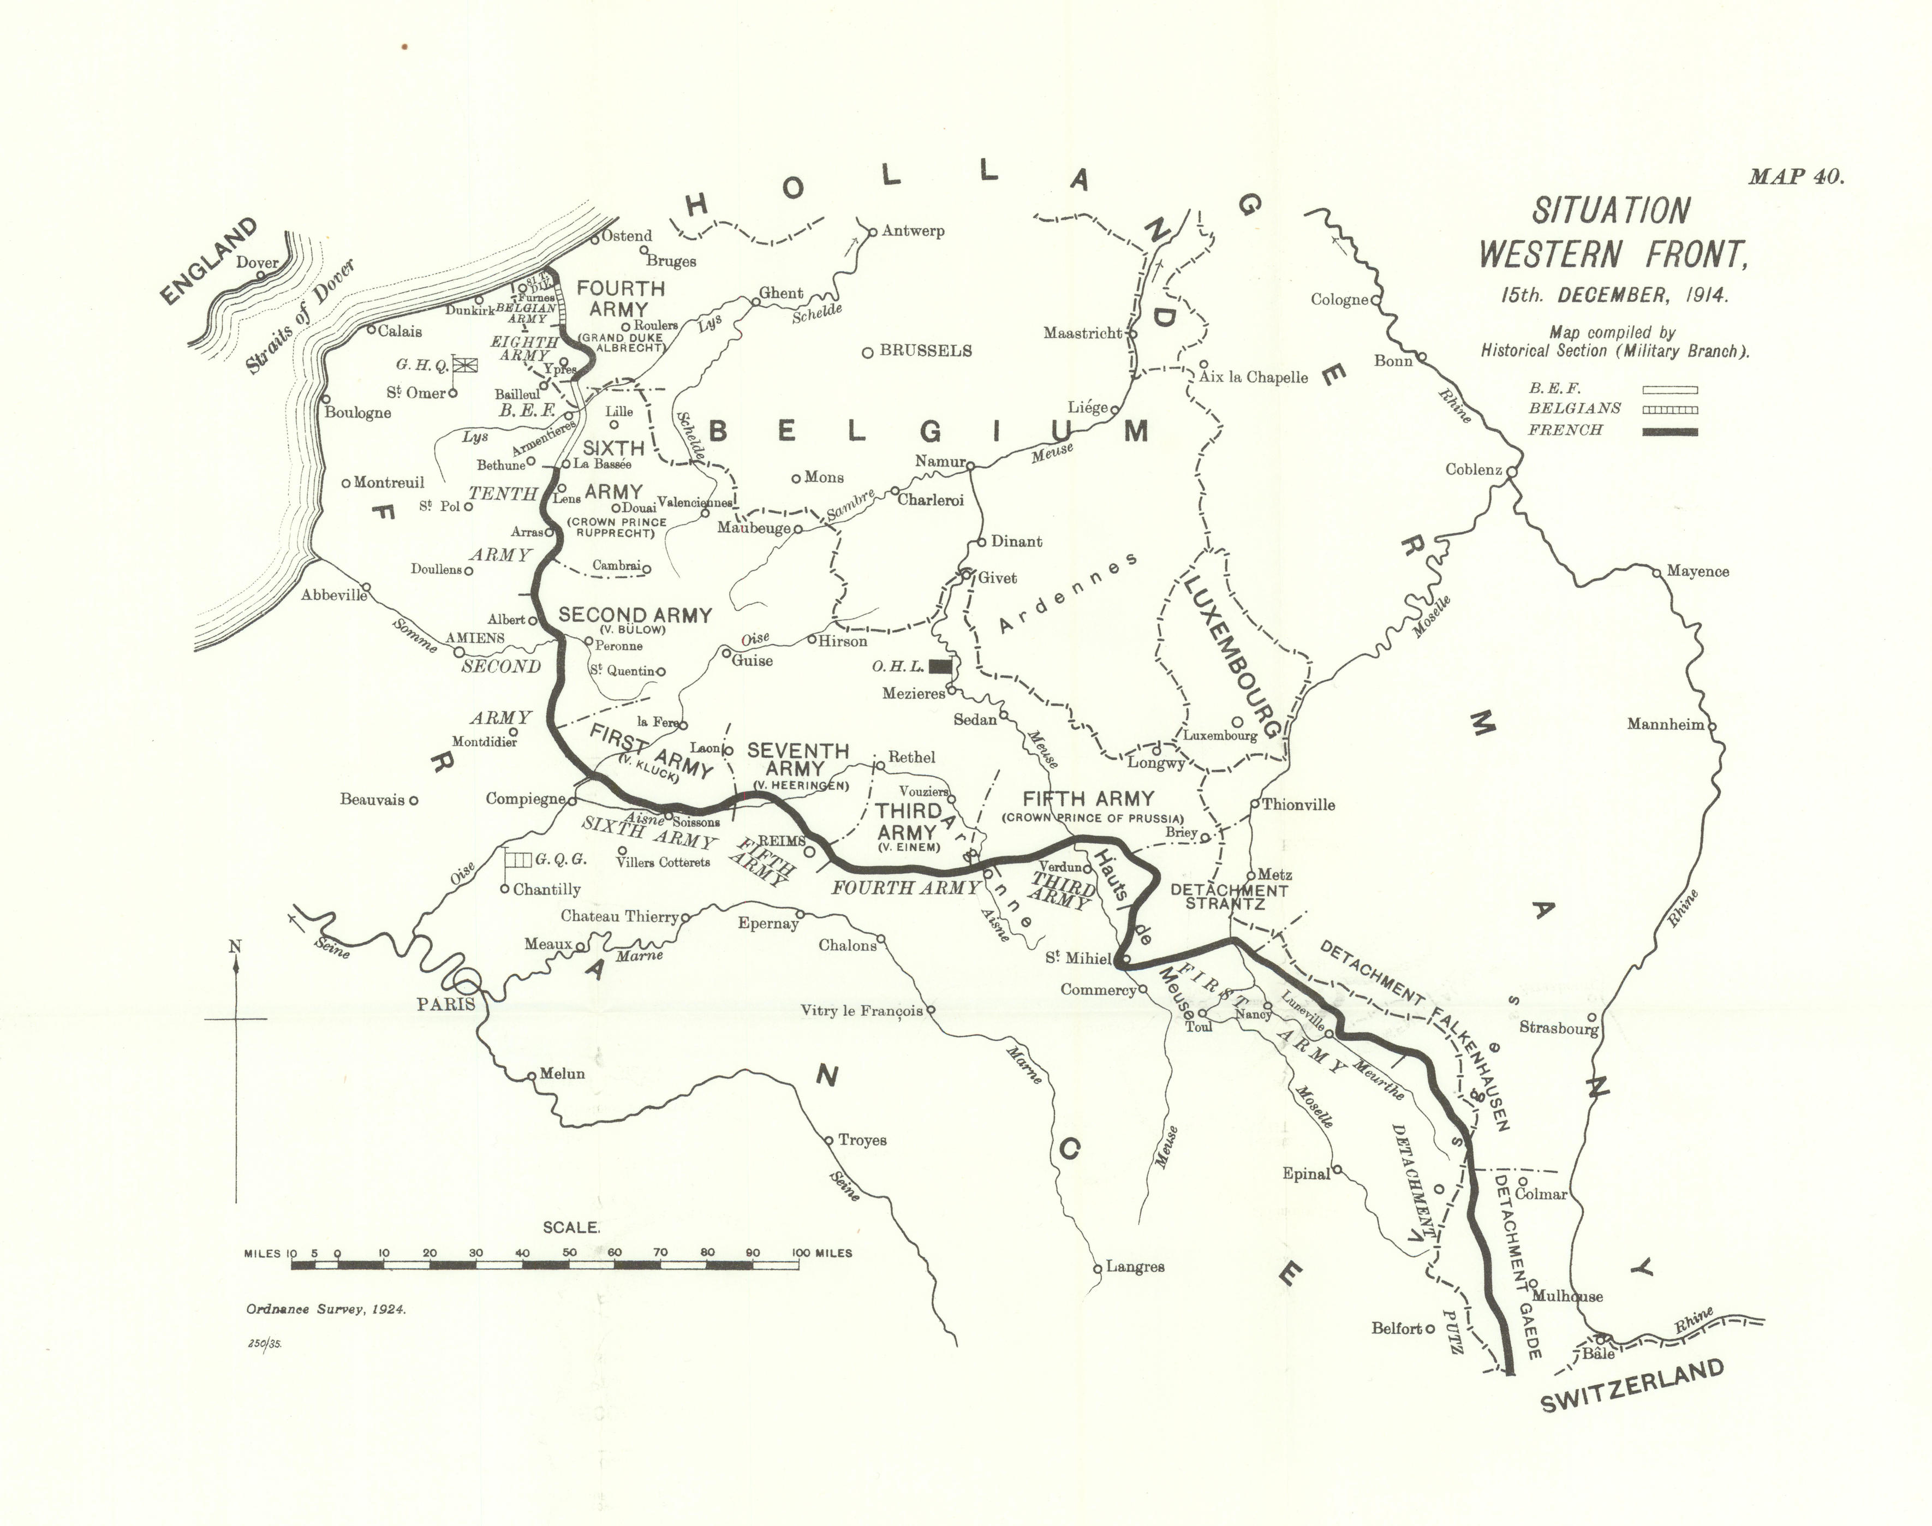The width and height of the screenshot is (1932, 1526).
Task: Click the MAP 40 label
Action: coord(1796,176)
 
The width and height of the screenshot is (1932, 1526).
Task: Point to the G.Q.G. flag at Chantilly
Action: coord(518,860)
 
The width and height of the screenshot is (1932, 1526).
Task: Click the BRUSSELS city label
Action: coord(926,351)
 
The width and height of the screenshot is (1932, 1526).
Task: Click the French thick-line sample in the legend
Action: coord(1669,432)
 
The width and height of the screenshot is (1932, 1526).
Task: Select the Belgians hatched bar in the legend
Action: coord(1669,410)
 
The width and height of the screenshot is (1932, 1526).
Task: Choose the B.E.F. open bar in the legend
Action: coord(1669,390)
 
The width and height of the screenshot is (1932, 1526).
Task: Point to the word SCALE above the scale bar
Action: coord(571,1227)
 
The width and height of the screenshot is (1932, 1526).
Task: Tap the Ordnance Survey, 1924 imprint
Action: coord(326,1309)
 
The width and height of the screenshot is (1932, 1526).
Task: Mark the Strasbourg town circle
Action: coord(1591,1017)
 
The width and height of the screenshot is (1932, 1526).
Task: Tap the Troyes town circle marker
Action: coord(828,1140)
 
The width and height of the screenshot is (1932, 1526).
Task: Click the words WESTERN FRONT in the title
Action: coord(1611,255)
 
